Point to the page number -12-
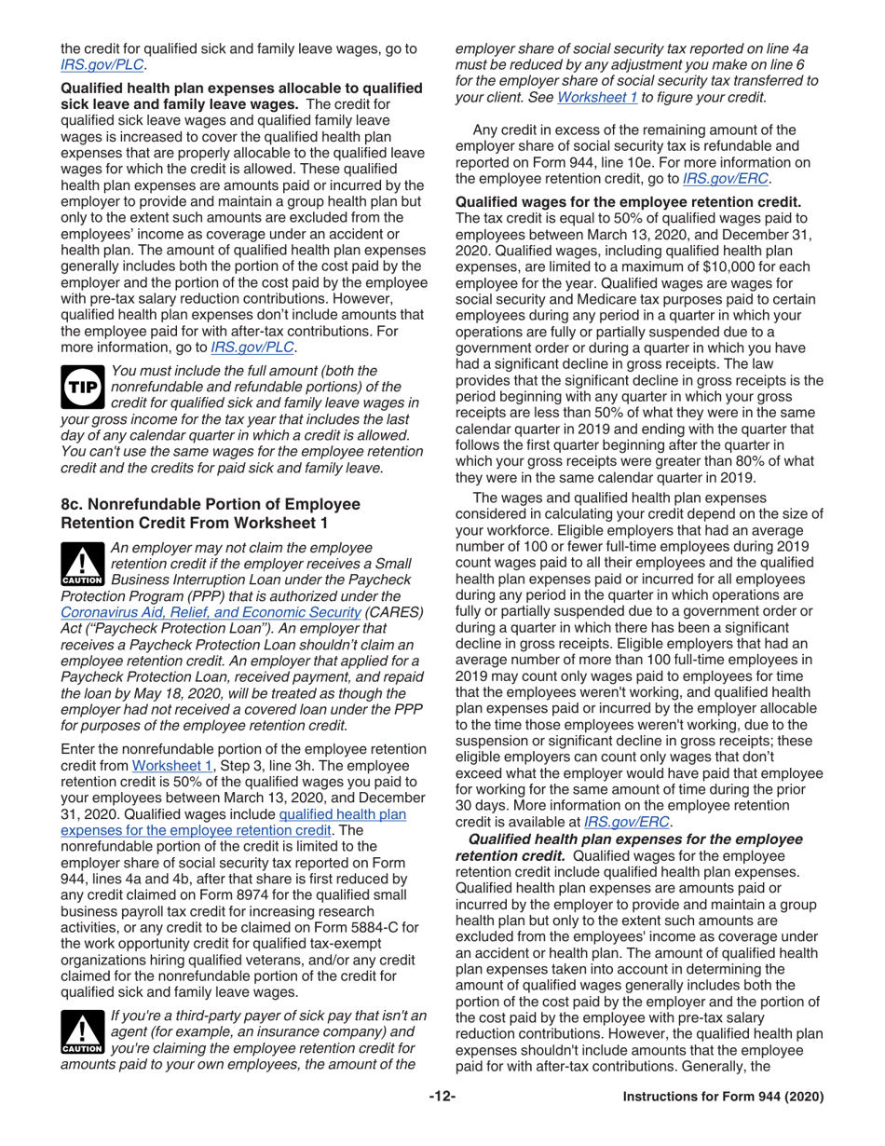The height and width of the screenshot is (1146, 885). pyautogui.click(x=442, y=1098)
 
